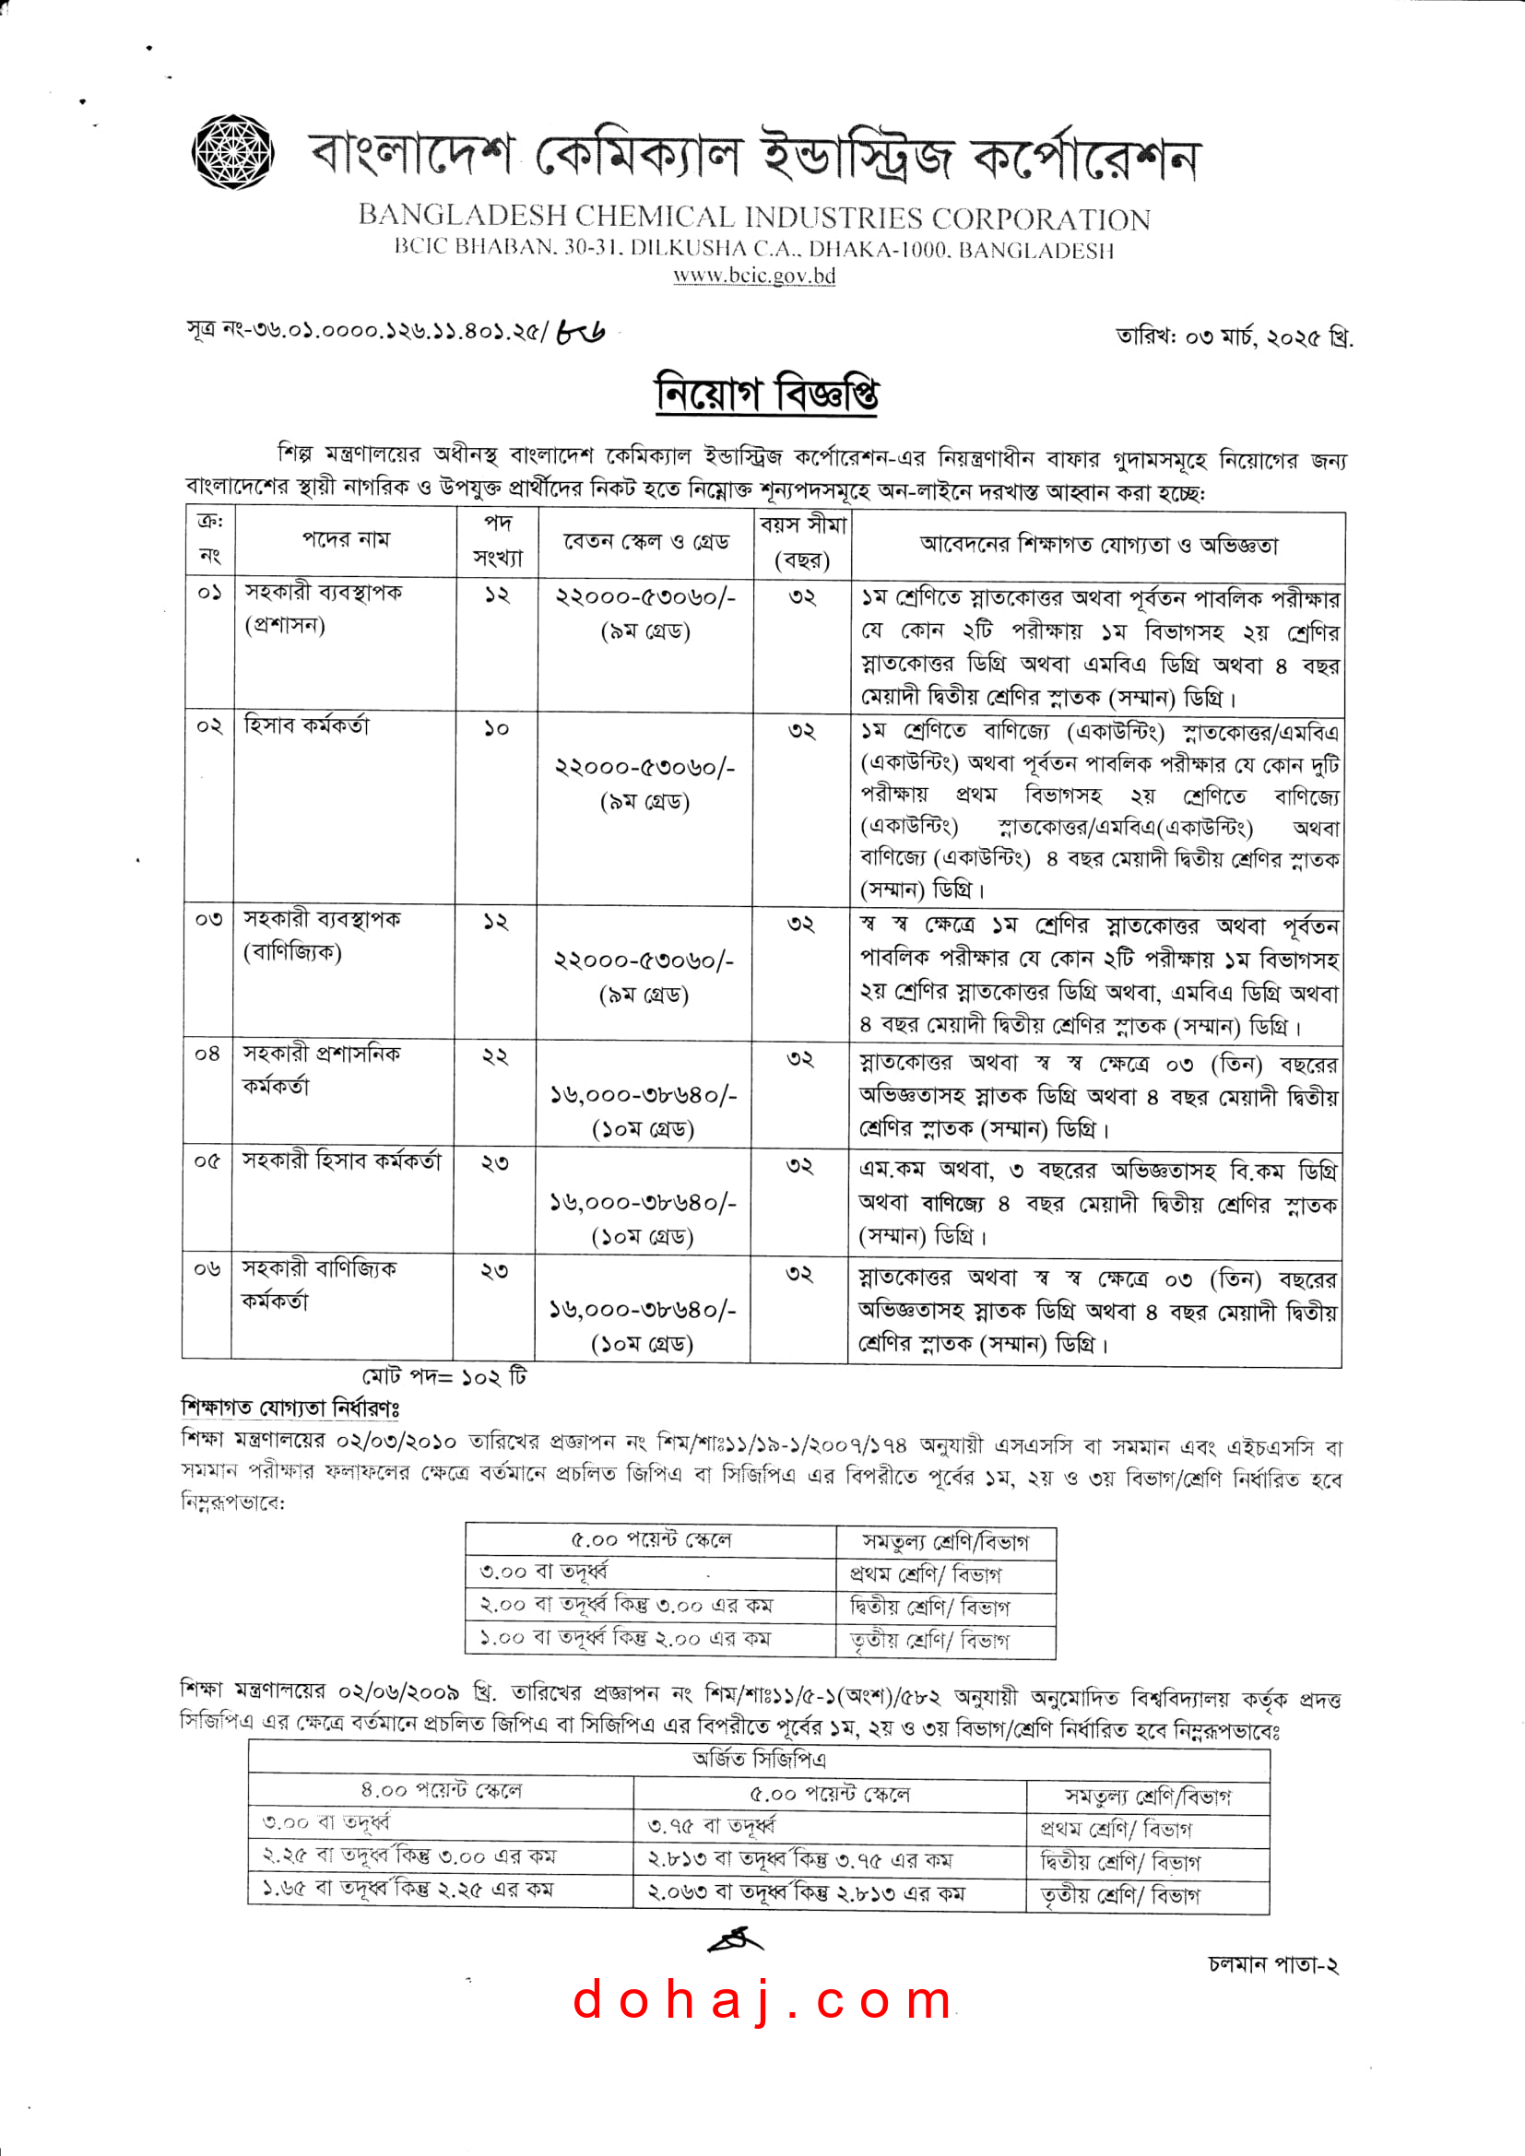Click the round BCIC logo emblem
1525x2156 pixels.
pyautogui.click(x=233, y=151)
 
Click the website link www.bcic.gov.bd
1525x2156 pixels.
pyautogui.click(x=754, y=277)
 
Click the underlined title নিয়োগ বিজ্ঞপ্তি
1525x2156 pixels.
pyautogui.click(x=766, y=394)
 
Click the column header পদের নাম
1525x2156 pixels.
pyautogui.click(x=346, y=539)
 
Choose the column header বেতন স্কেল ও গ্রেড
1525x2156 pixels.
pyautogui.click(x=646, y=542)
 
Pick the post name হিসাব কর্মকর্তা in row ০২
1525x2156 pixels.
pyautogui.click(x=307, y=725)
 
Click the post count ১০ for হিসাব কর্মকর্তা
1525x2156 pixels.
pyautogui.click(x=496, y=729)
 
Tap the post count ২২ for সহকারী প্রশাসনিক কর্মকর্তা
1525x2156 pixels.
pyautogui.click(x=495, y=1056)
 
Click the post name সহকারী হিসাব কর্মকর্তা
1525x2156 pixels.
pyautogui.click(x=342, y=1161)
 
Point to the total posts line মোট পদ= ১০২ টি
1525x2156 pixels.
pyautogui.click(x=445, y=1376)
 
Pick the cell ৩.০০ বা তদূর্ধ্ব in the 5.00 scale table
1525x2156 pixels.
pyautogui.click(x=545, y=1571)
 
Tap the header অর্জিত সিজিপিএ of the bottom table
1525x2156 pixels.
pyautogui.click(x=759, y=1759)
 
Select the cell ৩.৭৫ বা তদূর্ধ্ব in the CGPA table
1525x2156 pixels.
pyautogui.click(x=713, y=1826)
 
